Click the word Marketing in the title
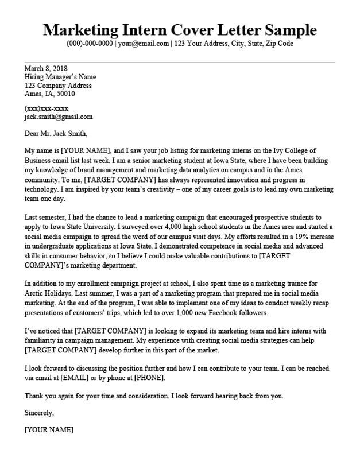(x=78, y=29)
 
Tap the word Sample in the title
(x=287, y=29)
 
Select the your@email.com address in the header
(x=144, y=44)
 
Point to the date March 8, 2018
(x=46, y=68)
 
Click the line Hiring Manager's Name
(x=60, y=77)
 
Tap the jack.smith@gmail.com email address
(x=59, y=117)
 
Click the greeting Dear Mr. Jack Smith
(x=56, y=134)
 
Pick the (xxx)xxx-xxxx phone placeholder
(x=47, y=108)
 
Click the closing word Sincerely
(x=40, y=412)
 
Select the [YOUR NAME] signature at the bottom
(x=49, y=429)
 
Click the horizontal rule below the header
(x=180, y=62)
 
